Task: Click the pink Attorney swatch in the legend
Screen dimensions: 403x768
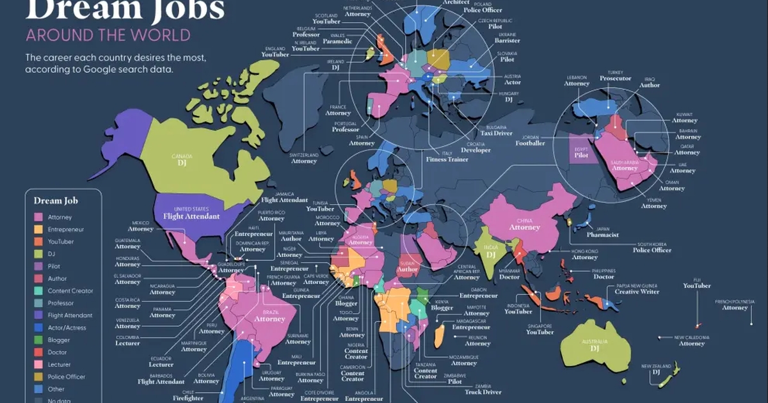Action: tap(39, 217)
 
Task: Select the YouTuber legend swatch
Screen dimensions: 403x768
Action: tap(39, 242)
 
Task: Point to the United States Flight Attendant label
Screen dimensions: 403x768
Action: tap(193, 213)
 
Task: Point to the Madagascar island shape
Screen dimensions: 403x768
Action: tap(440, 335)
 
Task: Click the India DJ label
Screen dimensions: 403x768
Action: tap(492, 251)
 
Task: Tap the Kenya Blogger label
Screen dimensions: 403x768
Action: tap(441, 304)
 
